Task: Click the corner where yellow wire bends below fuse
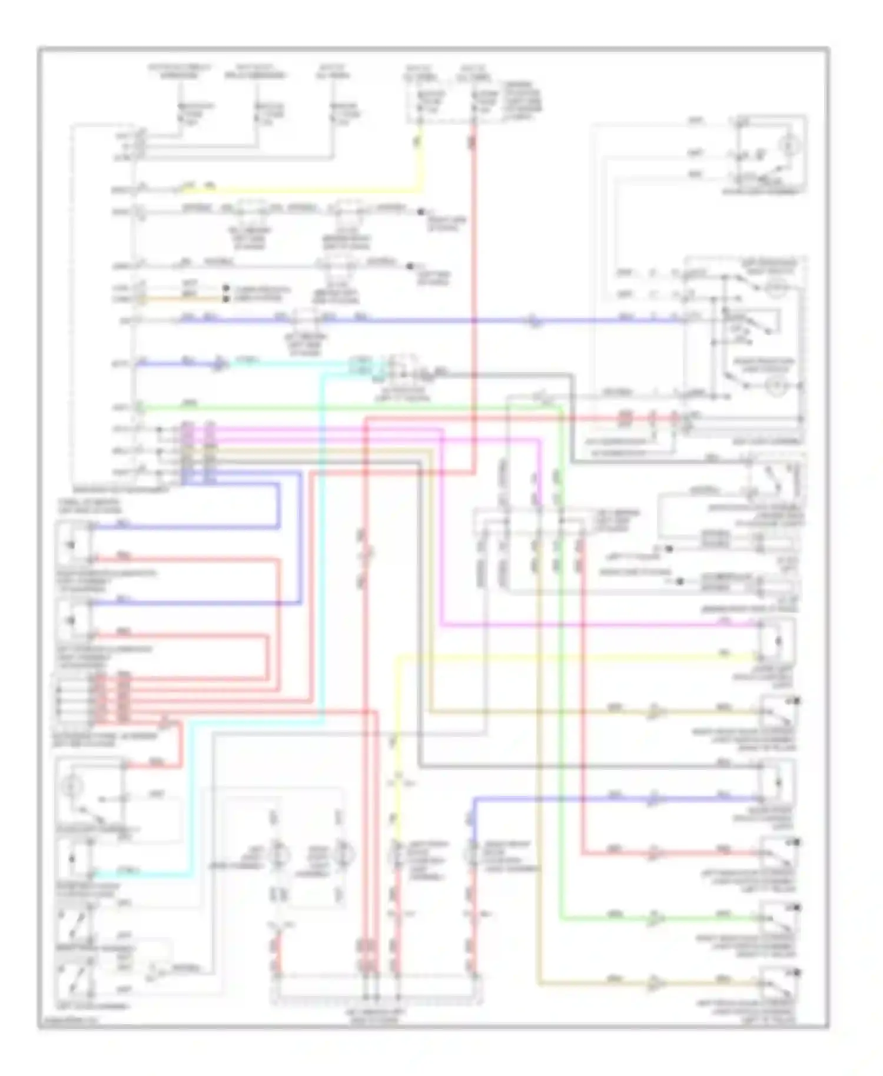coord(420,191)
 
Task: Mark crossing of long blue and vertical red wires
coord(474,321)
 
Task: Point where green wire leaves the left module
coord(140,407)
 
